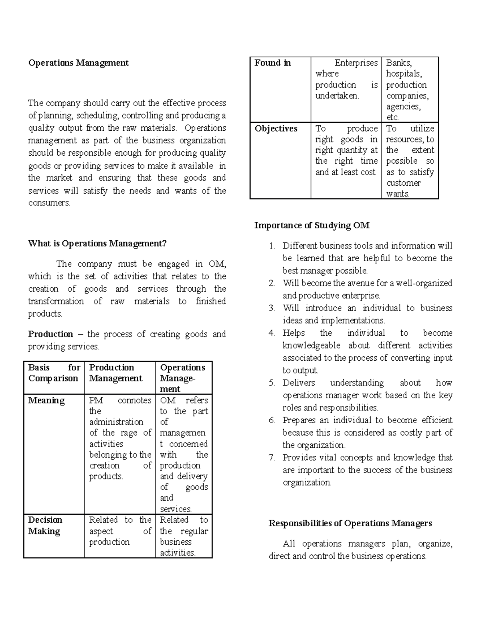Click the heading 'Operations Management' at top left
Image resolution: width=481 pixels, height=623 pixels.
tap(78, 63)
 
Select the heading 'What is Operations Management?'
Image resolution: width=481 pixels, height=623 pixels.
tap(97, 244)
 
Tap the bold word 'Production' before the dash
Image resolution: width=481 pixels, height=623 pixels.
tap(51, 334)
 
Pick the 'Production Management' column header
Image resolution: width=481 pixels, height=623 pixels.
tap(116, 373)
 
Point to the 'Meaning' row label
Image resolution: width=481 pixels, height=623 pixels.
tap(46, 400)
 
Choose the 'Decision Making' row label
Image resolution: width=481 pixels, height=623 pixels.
tap(45, 526)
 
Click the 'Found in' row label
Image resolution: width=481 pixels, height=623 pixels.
tap(273, 63)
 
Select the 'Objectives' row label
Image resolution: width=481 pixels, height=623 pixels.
tap(276, 129)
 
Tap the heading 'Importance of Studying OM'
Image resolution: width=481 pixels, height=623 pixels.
tap(312, 225)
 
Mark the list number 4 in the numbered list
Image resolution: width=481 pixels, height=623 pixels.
tap(272, 333)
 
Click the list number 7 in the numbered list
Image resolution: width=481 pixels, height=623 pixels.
tap(272, 458)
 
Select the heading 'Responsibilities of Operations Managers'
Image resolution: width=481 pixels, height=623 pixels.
tap(350, 523)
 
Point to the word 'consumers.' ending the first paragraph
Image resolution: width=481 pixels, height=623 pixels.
tap(49, 203)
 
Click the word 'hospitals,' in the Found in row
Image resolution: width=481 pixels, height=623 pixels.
tap(404, 74)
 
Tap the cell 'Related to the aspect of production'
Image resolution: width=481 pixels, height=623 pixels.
tap(120, 531)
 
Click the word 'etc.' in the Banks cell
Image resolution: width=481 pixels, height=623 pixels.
tap(392, 118)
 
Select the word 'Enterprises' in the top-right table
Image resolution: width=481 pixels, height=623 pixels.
tap(356, 63)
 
